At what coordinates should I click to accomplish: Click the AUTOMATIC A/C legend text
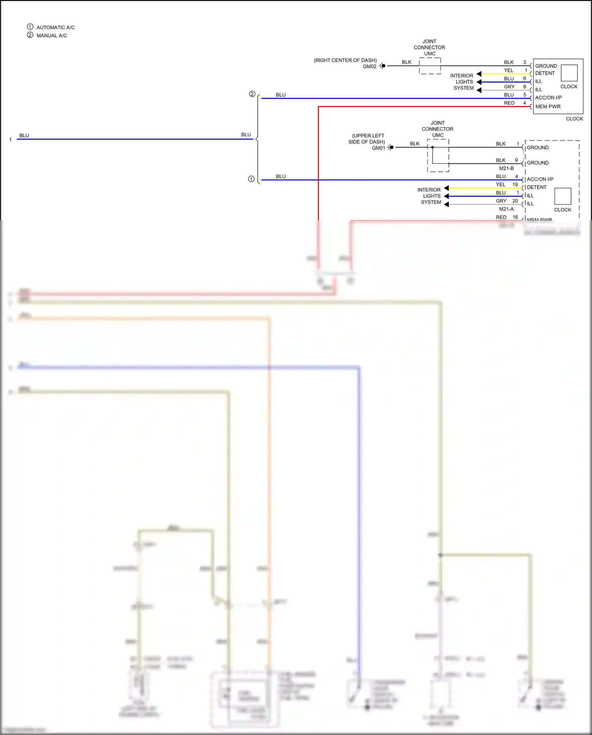pos(55,27)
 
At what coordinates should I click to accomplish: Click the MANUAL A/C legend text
pos(52,36)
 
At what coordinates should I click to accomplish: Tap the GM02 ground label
pos(369,66)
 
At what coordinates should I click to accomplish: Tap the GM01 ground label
pos(378,148)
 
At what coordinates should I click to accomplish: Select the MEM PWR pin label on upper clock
pos(548,107)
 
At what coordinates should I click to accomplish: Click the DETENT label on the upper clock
pos(545,73)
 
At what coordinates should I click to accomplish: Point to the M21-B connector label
pos(506,168)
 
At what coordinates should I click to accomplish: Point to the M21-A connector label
pos(506,209)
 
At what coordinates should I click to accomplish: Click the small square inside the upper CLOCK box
pos(569,73)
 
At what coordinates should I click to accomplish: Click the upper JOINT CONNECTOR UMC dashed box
pos(430,66)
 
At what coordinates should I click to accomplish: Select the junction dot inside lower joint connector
pos(433,147)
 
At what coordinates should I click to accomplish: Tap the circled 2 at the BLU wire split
pos(252,94)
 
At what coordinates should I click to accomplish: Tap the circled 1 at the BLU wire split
pos(251,179)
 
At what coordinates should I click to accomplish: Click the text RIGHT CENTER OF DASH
pos(345,60)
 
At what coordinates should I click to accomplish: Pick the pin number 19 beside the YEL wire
pos(515,184)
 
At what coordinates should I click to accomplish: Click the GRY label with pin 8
pos(509,87)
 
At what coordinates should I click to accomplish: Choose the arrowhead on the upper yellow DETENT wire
pos(479,74)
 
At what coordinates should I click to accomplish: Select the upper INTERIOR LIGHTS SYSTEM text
pos(463,82)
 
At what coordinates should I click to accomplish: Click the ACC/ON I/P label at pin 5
pos(548,98)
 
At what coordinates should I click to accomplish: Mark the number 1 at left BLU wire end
pos(10,139)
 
